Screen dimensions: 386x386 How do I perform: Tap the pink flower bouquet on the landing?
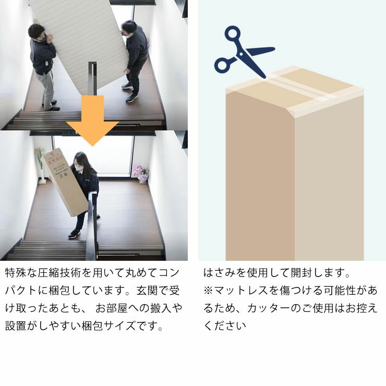(140, 172)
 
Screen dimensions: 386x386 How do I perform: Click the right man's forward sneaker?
(132, 98)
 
